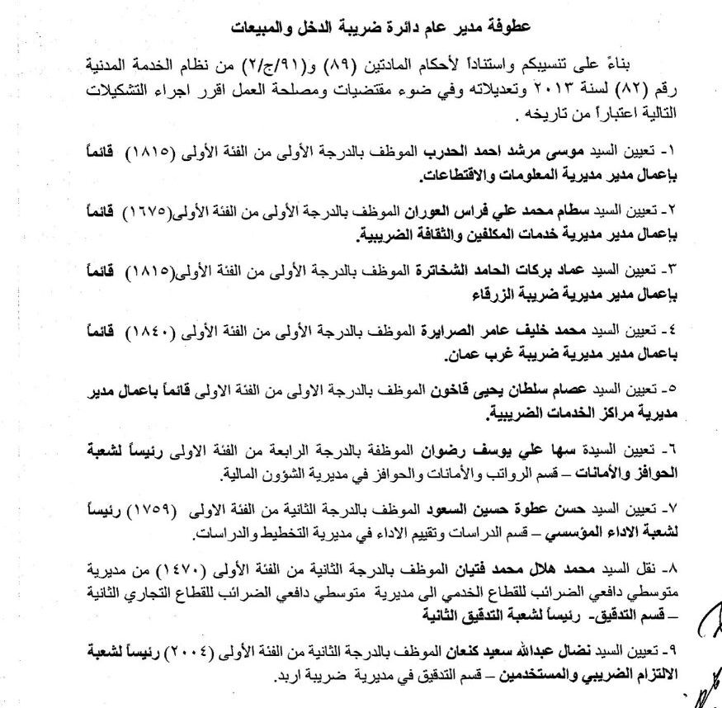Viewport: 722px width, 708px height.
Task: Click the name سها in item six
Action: [550, 451]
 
